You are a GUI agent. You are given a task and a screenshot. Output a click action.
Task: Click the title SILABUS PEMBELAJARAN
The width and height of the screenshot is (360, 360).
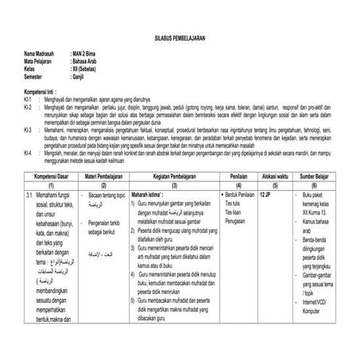coord(180,37)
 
